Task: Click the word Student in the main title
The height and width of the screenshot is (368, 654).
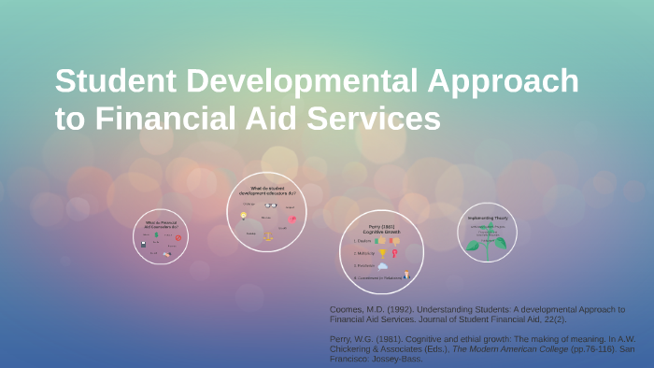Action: [117, 82]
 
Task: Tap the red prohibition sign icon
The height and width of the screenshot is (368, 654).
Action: [178, 237]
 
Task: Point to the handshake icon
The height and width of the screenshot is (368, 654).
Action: [167, 253]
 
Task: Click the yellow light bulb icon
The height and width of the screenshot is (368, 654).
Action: [244, 216]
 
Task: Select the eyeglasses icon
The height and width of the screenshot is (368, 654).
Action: [270, 205]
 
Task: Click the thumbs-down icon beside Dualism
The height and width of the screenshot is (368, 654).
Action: [394, 240]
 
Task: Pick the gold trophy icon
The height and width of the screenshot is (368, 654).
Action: [382, 253]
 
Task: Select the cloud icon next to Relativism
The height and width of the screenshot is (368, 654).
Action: [382, 265]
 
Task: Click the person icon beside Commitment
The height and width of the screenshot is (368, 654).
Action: [406, 275]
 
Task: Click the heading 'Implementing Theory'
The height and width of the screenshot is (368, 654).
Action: [488, 218]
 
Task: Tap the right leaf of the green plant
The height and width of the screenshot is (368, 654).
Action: [502, 244]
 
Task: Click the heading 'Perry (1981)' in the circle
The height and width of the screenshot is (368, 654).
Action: [382, 225]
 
